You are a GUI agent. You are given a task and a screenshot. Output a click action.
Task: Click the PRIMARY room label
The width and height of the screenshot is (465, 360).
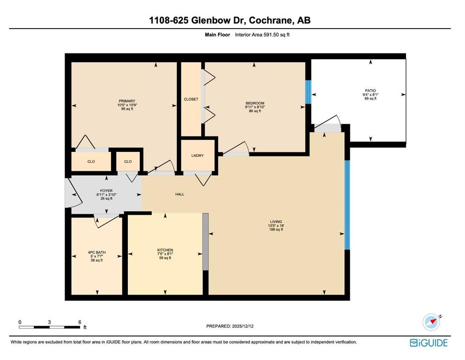[126, 101]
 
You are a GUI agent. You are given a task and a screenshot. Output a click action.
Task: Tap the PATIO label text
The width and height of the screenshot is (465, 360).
[370, 90]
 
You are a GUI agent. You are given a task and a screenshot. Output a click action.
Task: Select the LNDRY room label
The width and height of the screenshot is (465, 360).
[197, 156]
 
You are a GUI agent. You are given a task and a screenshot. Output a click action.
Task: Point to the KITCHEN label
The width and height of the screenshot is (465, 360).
[165, 250]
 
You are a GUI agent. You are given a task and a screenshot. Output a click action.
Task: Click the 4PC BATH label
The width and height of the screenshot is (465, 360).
[96, 252]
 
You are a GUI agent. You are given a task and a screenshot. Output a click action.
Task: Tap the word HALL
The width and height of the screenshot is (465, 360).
[179, 194]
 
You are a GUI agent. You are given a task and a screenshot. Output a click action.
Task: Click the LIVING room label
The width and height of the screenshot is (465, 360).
[275, 221]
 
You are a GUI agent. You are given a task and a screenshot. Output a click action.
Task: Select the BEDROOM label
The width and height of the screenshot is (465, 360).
[255, 103]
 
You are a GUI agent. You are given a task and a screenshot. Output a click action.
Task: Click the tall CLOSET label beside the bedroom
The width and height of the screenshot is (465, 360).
[191, 99]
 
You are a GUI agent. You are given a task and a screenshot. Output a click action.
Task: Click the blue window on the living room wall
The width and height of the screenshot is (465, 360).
[347, 205]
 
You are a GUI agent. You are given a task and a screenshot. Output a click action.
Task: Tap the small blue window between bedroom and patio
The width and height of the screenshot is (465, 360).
[308, 91]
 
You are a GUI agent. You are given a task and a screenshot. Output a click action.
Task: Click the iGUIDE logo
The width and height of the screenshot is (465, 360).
[428, 343]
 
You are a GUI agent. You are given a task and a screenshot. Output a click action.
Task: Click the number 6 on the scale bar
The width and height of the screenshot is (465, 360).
[80, 322]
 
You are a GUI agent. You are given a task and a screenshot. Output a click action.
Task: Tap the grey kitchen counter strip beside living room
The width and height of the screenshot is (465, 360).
[205, 241]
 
